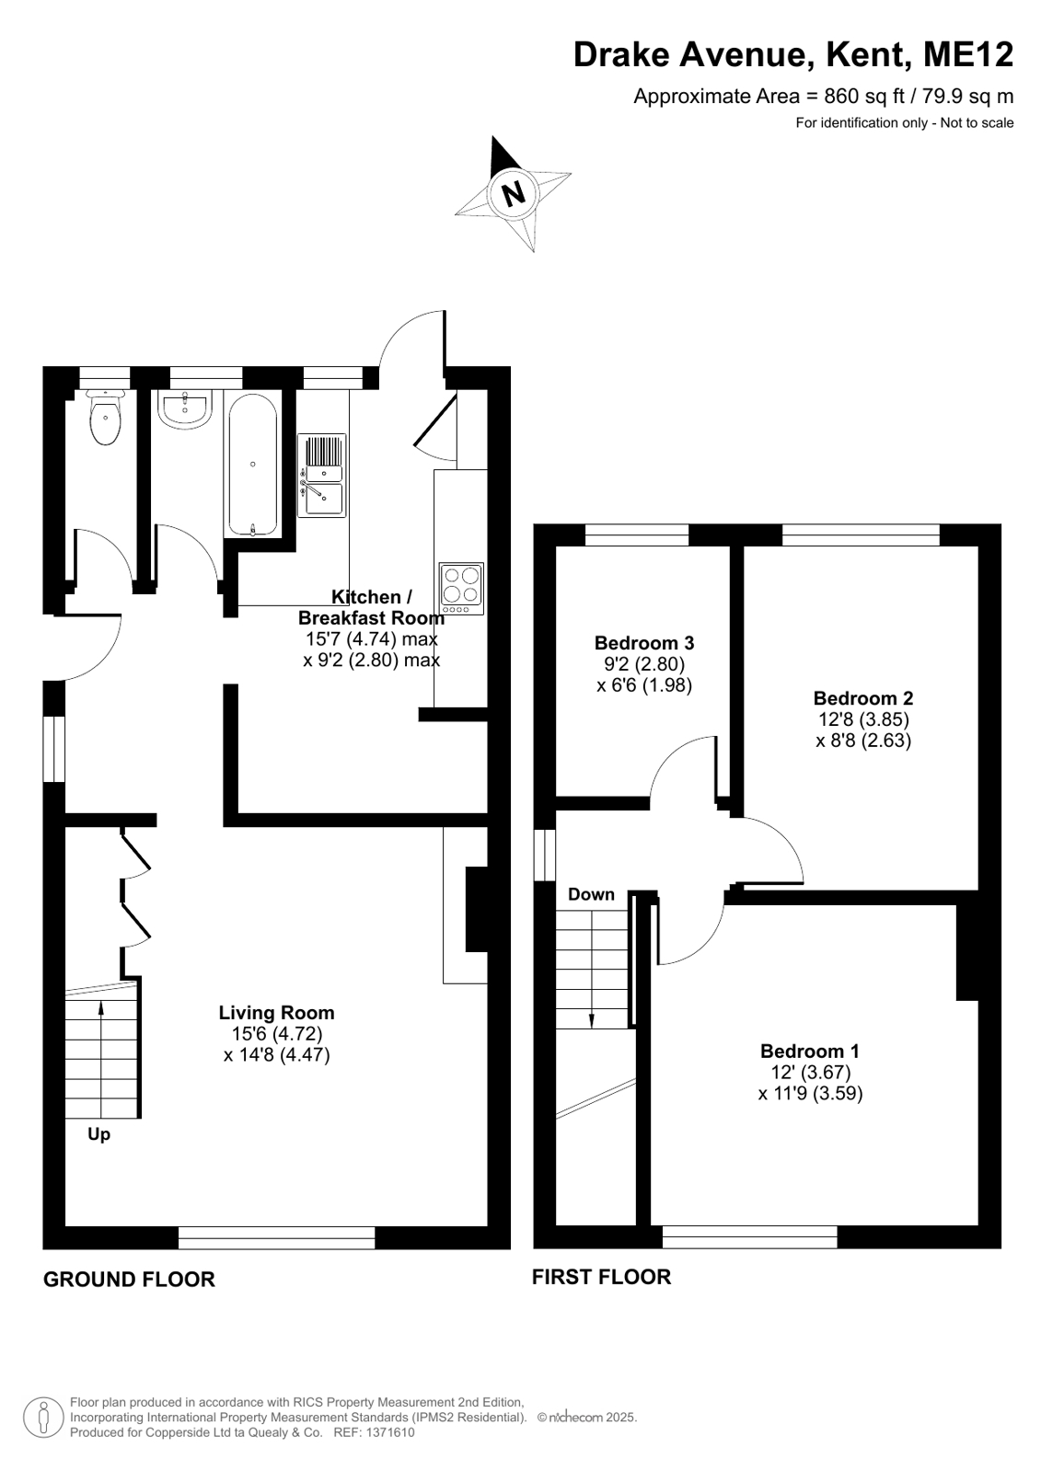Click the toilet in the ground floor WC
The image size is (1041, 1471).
[105, 416]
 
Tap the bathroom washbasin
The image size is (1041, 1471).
[185, 408]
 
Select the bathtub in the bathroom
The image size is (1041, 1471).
[253, 465]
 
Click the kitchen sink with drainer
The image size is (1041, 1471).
[321, 475]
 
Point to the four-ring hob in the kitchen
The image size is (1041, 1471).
[461, 589]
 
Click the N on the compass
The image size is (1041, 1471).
[513, 194]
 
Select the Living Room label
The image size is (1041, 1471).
[277, 1013]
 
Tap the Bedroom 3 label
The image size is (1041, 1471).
[644, 642]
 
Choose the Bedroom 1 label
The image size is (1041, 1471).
[810, 1051]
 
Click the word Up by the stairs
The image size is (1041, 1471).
[99, 1135]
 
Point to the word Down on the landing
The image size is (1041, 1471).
[592, 894]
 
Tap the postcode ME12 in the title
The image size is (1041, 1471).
[968, 54]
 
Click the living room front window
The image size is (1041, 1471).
[277, 1237]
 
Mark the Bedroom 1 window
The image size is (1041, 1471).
[750, 1237]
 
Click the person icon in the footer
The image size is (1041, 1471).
[44, 1418]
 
